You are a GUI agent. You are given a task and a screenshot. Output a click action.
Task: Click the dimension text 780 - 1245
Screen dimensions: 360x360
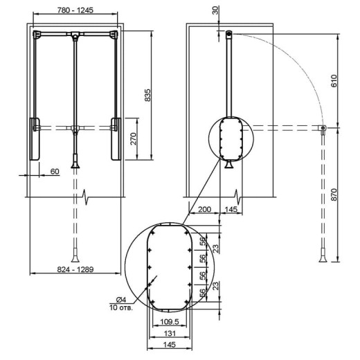coord(75,10)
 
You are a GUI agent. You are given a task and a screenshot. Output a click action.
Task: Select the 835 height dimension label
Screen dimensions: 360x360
coord(147,95)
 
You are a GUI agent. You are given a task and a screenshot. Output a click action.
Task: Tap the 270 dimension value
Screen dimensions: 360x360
coord(134,138)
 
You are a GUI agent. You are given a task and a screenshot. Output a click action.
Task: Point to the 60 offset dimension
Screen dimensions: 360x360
coord(55,172)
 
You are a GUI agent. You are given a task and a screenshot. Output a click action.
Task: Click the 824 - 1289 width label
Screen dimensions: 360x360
coord(75,269)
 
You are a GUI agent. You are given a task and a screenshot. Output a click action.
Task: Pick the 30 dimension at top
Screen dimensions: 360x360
coord(215,10)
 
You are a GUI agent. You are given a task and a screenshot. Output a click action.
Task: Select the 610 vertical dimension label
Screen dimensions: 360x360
coord(334,81)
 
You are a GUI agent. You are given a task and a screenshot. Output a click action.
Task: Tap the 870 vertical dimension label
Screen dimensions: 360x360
coord(334,195)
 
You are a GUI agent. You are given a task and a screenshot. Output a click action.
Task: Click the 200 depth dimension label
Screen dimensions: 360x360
coord(204,209)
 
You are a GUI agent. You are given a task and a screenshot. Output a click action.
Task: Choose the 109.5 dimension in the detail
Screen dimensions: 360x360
coord(170,322)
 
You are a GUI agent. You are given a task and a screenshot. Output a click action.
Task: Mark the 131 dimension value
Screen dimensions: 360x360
coord(170,333)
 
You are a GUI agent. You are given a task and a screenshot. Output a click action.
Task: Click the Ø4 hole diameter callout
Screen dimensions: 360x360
coord(121,300)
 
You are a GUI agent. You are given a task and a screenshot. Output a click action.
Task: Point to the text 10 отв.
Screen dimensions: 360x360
coord(121,307)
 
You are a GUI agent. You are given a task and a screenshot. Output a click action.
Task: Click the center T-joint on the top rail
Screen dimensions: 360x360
coord(75,35)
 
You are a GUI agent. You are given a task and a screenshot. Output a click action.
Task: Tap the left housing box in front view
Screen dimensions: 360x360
coord(35,139)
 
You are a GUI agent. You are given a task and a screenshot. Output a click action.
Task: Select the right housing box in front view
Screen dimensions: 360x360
coord(116,139)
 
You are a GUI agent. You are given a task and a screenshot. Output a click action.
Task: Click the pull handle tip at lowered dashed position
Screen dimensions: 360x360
coord(75,258)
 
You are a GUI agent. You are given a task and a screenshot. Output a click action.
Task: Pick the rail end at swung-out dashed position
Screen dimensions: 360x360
coord(323,128)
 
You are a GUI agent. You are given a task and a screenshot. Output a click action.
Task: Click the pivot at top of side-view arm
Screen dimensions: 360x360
coord(229,34)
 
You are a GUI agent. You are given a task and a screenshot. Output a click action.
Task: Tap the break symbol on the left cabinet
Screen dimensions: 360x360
coord(86,197)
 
